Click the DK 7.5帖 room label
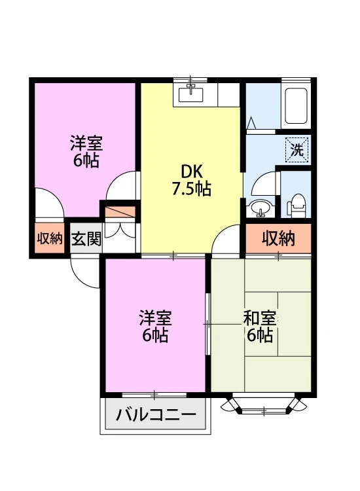pos(192,181)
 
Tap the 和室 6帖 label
pos(259,327)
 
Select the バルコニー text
pos(156,415)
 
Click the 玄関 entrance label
pos(86,238)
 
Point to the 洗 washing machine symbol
pos(297,150)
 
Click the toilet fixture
pos(297,206)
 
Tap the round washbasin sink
pos(261,208)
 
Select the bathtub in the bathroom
pos(295,105)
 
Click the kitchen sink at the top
pos(190,94)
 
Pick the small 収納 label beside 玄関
pos(50,238)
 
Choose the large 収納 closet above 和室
pos(278,238)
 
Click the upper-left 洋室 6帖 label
pos(86,151)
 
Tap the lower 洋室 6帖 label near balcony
pos(155,326)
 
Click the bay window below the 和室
pos(264,406)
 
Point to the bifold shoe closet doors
pos(120,230)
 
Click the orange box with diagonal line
pos(120,212)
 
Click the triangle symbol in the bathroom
pos(251,123)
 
